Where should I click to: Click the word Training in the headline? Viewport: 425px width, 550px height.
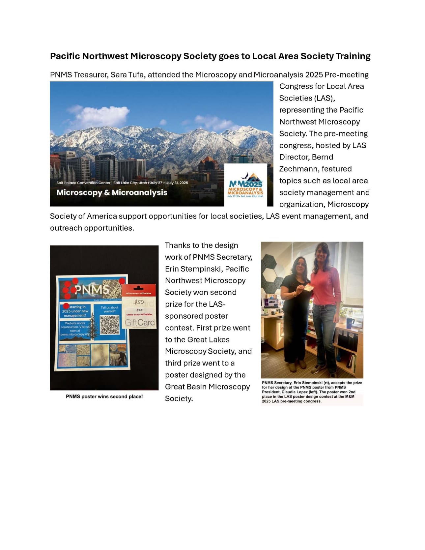(x=353, y=56)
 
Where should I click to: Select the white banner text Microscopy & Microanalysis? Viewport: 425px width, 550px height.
(x=112, y=192)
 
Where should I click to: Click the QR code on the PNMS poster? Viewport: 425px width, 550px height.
(x=110, y=325)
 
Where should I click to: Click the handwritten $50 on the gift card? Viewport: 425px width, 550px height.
(x=139, y=302)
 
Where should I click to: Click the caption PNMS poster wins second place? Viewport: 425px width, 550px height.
(x=104, y=396)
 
